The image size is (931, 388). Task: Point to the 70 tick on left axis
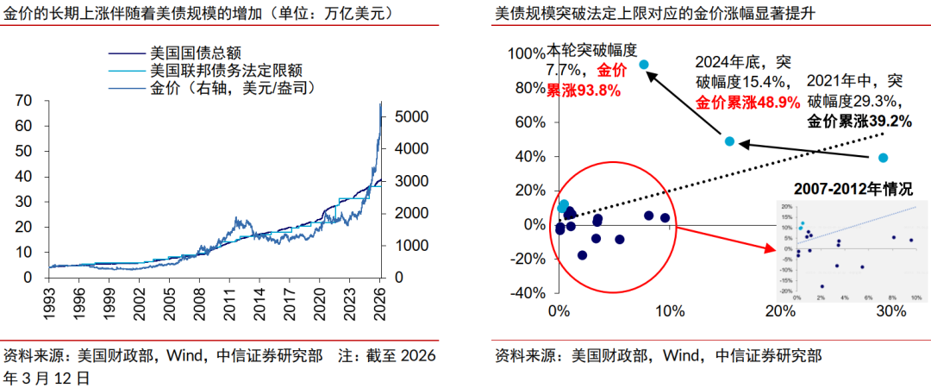tap(24, 100)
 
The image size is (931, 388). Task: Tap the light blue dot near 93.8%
tap(643, 65)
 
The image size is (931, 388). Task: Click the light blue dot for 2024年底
tap(729, 141)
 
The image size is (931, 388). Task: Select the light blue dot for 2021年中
tap(883, 158)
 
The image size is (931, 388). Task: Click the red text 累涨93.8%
tap(584, 90)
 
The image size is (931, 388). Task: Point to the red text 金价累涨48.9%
tap(747, 102)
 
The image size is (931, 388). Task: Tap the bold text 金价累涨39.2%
tap(859, 122)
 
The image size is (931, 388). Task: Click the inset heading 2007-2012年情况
tap(853, 188)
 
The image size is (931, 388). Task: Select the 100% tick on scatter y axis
tap(526, 53)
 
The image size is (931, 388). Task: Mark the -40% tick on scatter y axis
tap(526, 293)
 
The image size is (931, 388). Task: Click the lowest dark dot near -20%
tap(582, 255)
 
